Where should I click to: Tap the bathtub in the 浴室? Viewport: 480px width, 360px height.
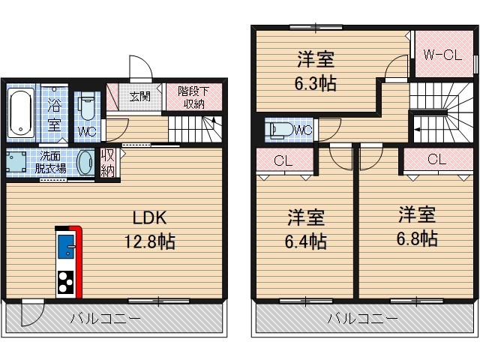21,112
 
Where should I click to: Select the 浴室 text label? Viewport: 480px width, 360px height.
55,114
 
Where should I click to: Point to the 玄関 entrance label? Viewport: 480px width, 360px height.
139,96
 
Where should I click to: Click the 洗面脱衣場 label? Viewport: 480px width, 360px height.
52,162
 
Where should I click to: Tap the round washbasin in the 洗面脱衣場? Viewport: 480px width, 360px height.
87,161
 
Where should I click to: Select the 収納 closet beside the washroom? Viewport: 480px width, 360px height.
108,161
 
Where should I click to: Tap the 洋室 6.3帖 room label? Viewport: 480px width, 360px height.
313,70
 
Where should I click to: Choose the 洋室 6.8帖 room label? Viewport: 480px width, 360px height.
418,226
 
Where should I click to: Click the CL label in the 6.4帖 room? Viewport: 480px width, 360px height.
283,160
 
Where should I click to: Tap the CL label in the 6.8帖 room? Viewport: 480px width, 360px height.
436,159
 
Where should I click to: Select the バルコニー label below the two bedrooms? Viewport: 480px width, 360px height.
363,319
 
